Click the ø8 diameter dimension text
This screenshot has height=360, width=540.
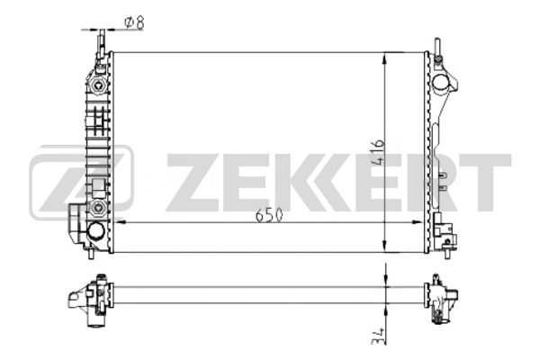coord(134,22)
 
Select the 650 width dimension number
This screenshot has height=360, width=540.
coord(269,216)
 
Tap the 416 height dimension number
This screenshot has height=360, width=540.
coord(378,151)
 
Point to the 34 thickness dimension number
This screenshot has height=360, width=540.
coord(377,336)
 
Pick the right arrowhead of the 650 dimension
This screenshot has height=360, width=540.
coord(418,222)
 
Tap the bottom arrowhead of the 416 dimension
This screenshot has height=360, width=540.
coord(384,247)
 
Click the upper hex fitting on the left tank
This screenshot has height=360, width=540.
coord(99,85)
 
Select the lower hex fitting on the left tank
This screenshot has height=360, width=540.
coord(99,207)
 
